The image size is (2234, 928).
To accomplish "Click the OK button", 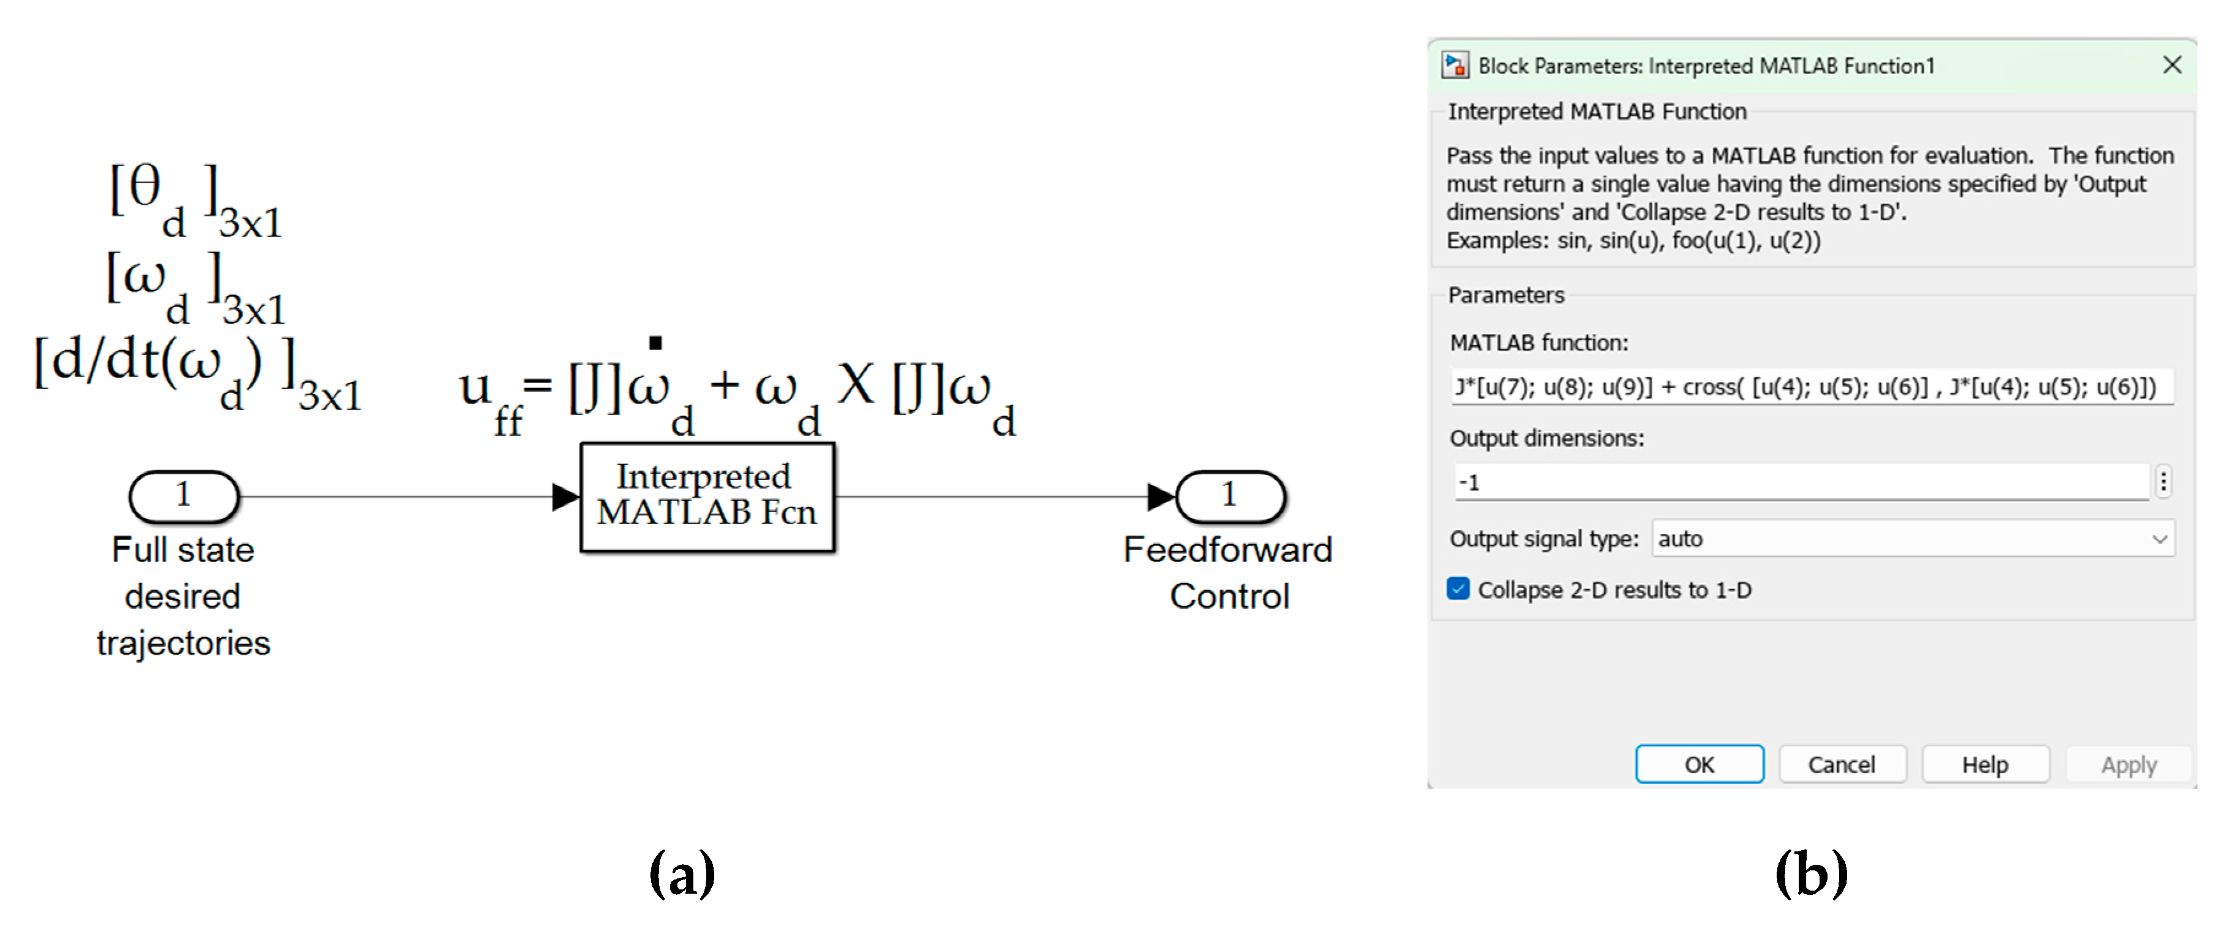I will [x=1698, y=764].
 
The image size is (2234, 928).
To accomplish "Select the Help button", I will [x=1984, y=764].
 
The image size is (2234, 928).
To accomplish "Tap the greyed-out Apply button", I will [x=2127, y=764].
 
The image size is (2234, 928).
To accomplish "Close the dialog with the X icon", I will [x=2171, y=65].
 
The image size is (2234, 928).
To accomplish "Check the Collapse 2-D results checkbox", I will [x=1458, y=589].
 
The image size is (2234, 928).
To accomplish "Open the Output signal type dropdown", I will [x=1912, y=539].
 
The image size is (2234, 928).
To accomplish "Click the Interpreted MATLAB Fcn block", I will [x=707, y=497].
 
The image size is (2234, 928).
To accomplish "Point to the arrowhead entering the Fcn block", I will [x=565, y=497].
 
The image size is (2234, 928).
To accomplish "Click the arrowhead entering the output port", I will [x=1161, y=497].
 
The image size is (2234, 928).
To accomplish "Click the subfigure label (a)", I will [x=682, y=873].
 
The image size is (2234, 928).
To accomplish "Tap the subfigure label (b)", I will [x=1811, y=873].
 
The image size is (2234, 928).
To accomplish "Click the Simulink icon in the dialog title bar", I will [x=1454, y=65].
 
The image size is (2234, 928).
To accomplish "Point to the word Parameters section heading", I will [x=1506, y=295].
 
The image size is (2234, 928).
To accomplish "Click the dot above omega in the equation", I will [x=655, y=343].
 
